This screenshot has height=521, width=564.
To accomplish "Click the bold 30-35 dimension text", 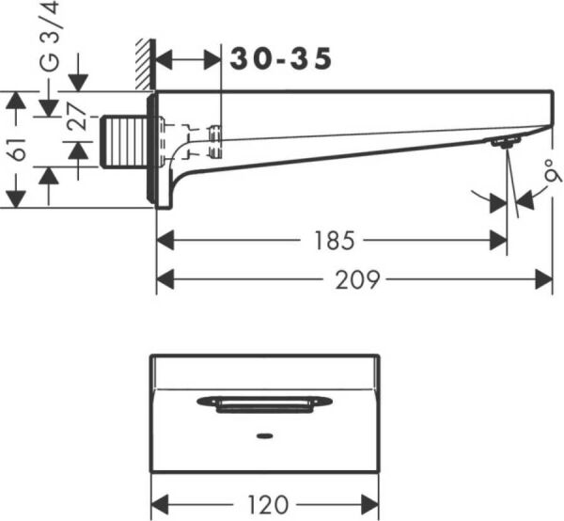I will (281, 59).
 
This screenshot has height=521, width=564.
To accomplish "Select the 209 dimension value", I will (360, 279).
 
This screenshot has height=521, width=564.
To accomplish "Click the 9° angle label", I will (551, 171).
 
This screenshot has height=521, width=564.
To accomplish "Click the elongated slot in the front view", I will (264, 403).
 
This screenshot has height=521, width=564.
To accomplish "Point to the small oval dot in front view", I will (264, 436).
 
